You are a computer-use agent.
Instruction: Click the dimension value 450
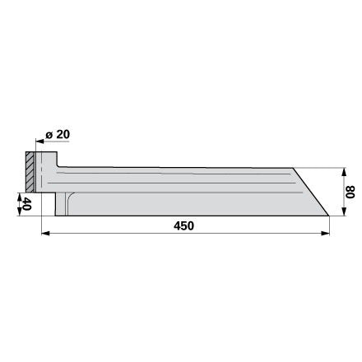183,225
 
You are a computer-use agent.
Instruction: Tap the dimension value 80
350,192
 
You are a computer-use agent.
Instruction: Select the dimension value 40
26,203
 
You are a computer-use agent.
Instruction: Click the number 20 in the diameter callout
63,134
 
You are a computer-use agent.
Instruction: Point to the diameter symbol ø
49,135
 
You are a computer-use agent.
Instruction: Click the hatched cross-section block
30,172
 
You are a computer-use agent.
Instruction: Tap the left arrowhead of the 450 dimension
45,234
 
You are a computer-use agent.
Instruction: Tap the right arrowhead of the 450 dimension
325,234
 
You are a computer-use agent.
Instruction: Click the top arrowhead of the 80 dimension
345,173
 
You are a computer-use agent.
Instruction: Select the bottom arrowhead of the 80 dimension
345,211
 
